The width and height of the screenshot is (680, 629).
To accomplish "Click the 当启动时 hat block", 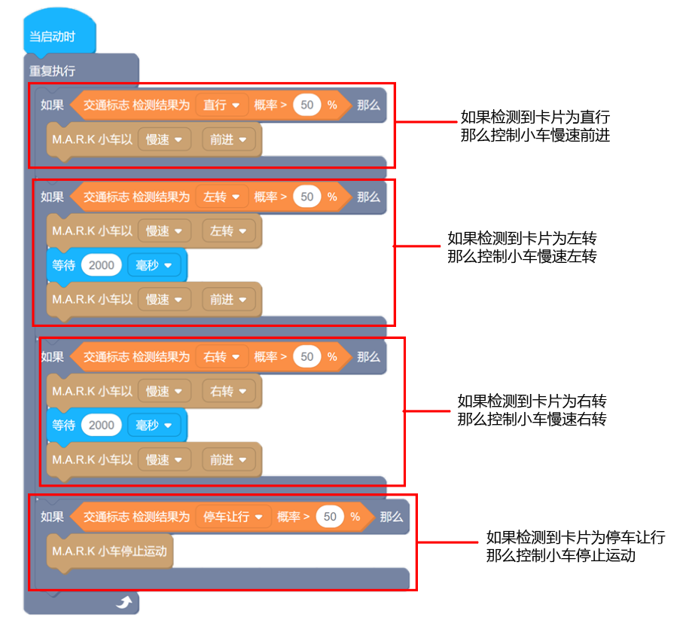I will pyautogui.click(x=53, y=37).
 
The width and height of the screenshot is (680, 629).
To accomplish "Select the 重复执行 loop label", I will pyautogui.click(x=52, y=71).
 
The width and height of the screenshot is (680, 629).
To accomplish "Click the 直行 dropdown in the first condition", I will pyautogui.click(x=221, y=105).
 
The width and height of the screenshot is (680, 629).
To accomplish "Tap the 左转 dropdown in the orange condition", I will pyautogui.click(x=221, y=197).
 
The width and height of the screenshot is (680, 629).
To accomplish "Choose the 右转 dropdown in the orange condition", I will pyautogui.click(x=221, y=357).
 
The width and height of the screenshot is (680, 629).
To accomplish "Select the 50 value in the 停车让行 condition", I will pyautogui.click(x=330, y=517).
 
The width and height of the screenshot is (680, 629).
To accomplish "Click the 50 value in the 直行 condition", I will pyautogui.click(x=306, y=105).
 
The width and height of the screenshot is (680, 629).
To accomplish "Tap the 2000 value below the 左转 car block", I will pyautogui.click(x=102, y=265).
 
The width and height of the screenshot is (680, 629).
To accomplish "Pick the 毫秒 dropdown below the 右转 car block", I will pyautogui.click(x=154, y=426).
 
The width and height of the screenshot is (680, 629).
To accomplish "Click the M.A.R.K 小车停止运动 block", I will pyautogui.click(x=110, y=551).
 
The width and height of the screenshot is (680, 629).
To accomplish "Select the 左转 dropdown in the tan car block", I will pyautogui.click(x=228, y=231).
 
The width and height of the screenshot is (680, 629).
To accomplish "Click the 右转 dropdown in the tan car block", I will pyautogui.click(x=228, y=392).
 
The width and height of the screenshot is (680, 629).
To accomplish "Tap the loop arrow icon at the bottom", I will pyautogui.click(x=123, y=601).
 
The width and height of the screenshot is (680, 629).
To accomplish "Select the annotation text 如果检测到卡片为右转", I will pyautogui.click(x=532, y=401).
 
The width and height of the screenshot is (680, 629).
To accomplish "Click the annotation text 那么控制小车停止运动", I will pyautogui.click(x=561, y=556).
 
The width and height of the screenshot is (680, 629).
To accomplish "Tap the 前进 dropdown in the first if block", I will pyautogui.click(x=228, y=139).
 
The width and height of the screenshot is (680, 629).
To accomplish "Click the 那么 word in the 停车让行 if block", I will pyautogui.click(x=392, y=517).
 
